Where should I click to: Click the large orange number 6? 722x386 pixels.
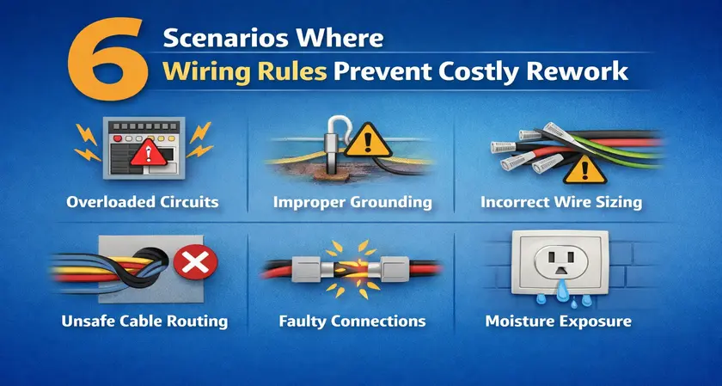coord(107,60)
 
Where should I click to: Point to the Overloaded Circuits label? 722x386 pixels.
coord(143,202)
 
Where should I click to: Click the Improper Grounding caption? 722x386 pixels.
coord(352,202)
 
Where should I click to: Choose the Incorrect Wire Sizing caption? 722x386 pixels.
coord(560,202)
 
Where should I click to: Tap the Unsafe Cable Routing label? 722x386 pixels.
coord(144,321)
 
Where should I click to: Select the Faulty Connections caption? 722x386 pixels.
coord(352,321)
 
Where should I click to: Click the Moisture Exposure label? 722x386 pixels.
coord(558,321)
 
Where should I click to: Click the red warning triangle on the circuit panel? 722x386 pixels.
coord(147,153)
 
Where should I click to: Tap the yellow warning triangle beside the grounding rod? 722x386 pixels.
coord(368,141)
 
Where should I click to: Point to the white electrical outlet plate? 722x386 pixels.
coord(560,262)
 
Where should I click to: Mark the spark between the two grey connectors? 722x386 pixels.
coord(352,268)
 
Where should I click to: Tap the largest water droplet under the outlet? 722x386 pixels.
coord(561,293)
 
